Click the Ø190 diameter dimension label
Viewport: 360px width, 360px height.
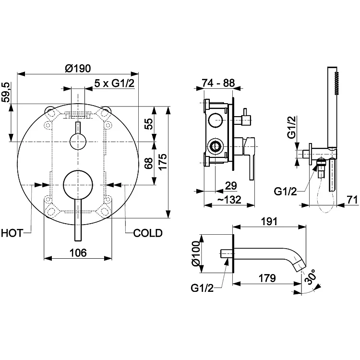click(78, 68)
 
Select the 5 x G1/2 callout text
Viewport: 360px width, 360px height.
click(114, 83)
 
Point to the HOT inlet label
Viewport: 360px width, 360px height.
click(12, 233)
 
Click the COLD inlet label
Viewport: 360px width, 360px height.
click(148, 233)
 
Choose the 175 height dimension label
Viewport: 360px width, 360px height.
click(163, 162)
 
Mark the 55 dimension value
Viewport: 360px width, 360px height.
click(149, 124)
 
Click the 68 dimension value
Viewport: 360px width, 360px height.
click(149, 163)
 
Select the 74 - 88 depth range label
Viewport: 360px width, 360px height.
click(218, 83)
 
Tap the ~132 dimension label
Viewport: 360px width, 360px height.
click(229, 200)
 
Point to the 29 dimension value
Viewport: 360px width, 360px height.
click(231, 185)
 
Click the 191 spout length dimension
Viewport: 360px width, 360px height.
click(269, 222)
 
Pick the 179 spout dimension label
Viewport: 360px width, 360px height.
click(267, 278)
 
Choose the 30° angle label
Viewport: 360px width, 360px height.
click(311, 276)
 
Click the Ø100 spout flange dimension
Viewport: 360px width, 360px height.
click(196, 253)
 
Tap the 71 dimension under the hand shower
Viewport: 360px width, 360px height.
click(352, 200)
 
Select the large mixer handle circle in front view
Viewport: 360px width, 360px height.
click(78, 185)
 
